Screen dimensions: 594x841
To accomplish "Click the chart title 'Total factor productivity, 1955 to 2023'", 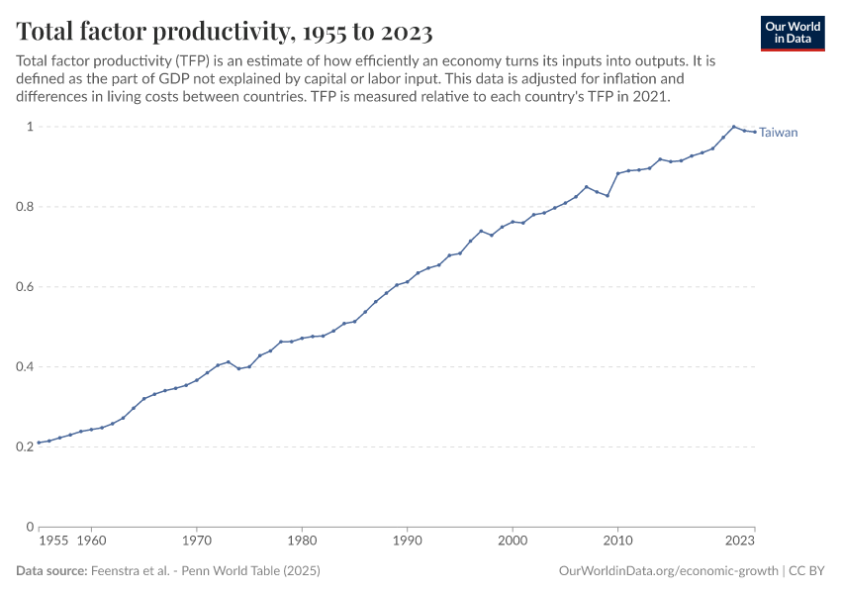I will [225, 32].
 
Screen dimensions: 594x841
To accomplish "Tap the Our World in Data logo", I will [793, 32].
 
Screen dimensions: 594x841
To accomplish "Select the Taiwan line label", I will [778, 133].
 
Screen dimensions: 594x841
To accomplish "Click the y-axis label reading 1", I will [30, 127].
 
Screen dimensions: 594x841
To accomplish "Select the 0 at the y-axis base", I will [30, 527].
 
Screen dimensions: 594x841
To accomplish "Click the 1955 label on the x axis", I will [53, 543].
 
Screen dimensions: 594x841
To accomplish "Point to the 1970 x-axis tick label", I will [196, 543].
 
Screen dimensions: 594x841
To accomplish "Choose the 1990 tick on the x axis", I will [407, 543].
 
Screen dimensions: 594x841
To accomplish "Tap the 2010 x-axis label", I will [617, 543].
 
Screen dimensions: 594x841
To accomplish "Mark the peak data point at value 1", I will [733, 127].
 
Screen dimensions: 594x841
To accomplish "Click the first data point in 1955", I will [39, 443].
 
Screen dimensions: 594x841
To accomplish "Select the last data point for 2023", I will [755, 133].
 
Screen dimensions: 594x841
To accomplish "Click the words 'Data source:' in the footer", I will [50, 571].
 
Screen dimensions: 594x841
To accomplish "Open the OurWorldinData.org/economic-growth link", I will [668, 571].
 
